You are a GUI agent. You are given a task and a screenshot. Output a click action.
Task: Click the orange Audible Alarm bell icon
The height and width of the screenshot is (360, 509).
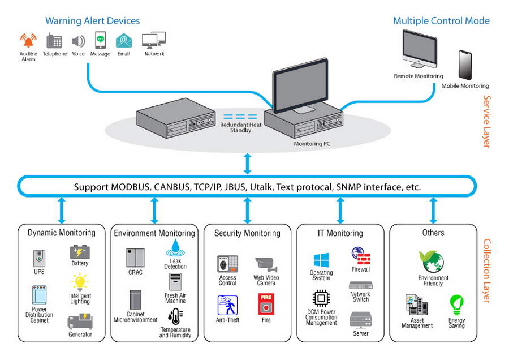point(28,41)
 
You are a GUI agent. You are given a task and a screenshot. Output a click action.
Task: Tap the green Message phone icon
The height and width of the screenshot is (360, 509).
point(100,41)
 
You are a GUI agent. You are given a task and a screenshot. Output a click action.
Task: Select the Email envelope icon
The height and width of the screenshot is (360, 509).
point(124,41)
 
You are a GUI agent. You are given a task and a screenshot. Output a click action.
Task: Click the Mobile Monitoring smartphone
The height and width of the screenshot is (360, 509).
point(465,66)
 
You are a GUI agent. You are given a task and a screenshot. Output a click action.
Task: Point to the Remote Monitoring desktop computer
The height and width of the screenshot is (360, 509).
point(419,49)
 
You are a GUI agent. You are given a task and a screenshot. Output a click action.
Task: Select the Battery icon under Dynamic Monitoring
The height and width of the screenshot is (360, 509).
point(80,251)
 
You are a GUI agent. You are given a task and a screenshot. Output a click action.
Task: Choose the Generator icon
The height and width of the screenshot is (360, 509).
point(79,321)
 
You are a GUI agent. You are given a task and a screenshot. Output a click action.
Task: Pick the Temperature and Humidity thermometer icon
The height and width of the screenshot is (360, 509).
point(175,317)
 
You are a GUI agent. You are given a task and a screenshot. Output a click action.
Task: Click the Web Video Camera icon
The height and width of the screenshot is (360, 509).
point(265,264)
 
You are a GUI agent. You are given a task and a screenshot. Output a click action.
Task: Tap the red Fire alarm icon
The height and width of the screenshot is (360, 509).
point(266,305)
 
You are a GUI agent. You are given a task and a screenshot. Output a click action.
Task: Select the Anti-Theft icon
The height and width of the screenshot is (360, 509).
point(227,305)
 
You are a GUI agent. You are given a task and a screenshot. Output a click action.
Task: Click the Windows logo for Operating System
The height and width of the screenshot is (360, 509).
point(321,260)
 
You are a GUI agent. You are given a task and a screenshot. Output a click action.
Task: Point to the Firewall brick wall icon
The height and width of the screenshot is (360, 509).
point(360,256)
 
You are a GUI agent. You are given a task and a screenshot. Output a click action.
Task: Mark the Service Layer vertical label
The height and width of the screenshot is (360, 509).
point(486,122)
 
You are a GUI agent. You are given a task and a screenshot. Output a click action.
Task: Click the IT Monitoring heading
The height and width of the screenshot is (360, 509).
point(340,233)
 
